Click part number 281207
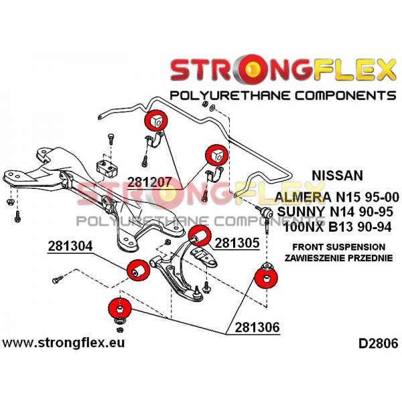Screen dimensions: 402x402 tap(149, 182)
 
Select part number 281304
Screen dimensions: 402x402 tap(70, 247)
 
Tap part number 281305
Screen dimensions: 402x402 tap(237, 243)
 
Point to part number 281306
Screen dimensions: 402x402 tap(257, 328)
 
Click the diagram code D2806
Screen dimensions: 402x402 tap(379, 344)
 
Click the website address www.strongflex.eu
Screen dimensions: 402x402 tap(64, 343)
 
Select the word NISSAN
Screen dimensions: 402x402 tap(338, 176)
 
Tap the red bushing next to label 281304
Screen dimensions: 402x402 tap(138, 270)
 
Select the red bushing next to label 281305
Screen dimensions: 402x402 tap(200, 236)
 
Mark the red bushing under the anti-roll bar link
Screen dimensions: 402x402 tap(266, 277)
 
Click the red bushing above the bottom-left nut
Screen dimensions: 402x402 tap(120, 309)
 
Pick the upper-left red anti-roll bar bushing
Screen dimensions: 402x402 tap(156, 121)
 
